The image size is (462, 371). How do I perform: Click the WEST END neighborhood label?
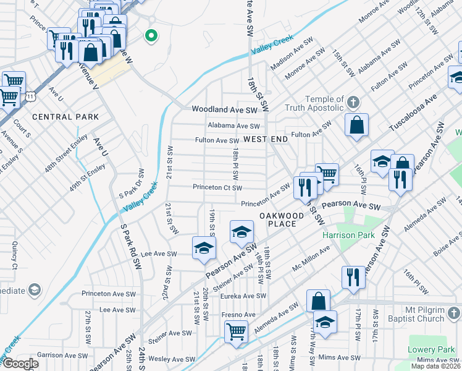click(266, 140)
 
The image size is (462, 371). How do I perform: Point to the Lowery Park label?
click(431, 350)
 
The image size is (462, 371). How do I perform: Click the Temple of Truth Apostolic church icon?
click(353, 101)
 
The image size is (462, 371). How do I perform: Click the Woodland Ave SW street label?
click(224, 109)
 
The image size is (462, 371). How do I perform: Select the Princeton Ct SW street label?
click(217, 187)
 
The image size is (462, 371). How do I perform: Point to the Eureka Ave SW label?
click(243, 296)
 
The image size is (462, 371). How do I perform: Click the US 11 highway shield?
click(30, 95)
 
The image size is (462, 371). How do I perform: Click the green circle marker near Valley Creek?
click(150, 35)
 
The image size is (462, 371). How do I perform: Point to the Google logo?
click(20, 364)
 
